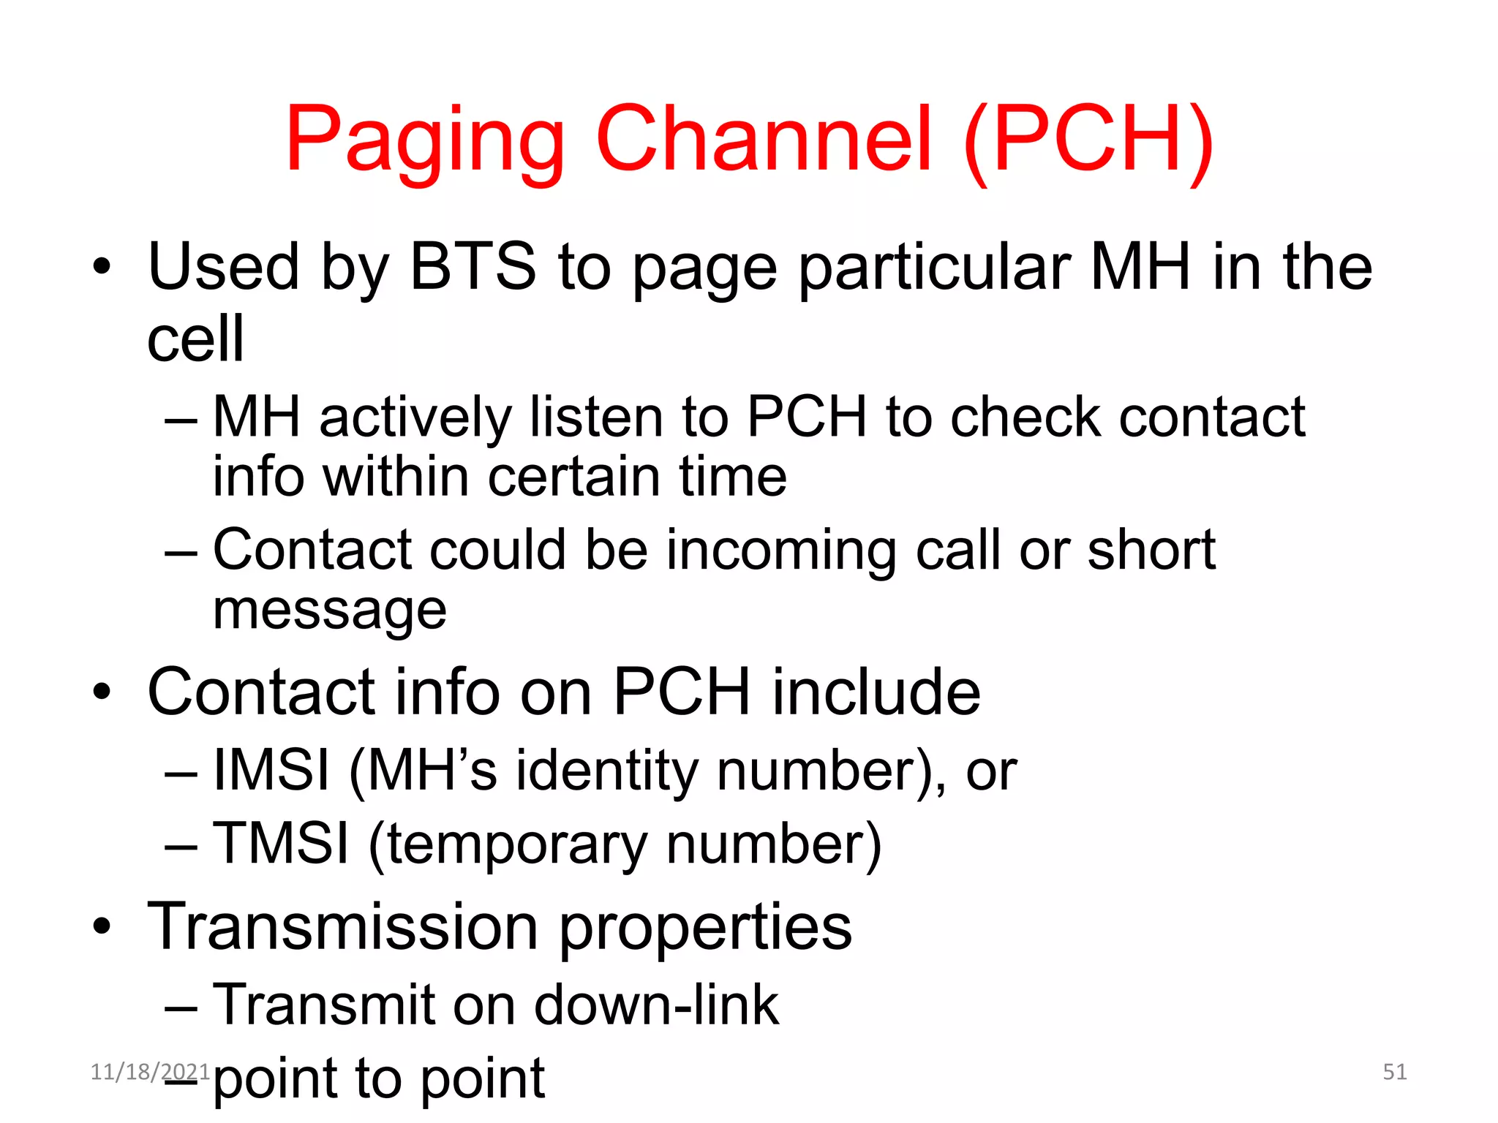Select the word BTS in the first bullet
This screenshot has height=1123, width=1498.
click(x=473, y=266)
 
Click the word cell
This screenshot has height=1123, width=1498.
click(x=195, y=339)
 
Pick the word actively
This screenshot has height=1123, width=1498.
click(x=415, y=418)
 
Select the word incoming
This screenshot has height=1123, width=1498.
click(x=781, y=551)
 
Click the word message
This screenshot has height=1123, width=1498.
click(x=330, y=611)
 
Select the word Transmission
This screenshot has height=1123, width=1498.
click(x=343, y=926)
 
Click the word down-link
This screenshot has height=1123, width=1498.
click(x=656, y=1005)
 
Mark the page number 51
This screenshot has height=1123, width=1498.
click(x=1394, y=1072)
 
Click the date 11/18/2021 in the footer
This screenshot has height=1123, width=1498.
click(x=150, y=1072)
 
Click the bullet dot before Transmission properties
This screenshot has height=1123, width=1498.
click(x=102, y=926)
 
